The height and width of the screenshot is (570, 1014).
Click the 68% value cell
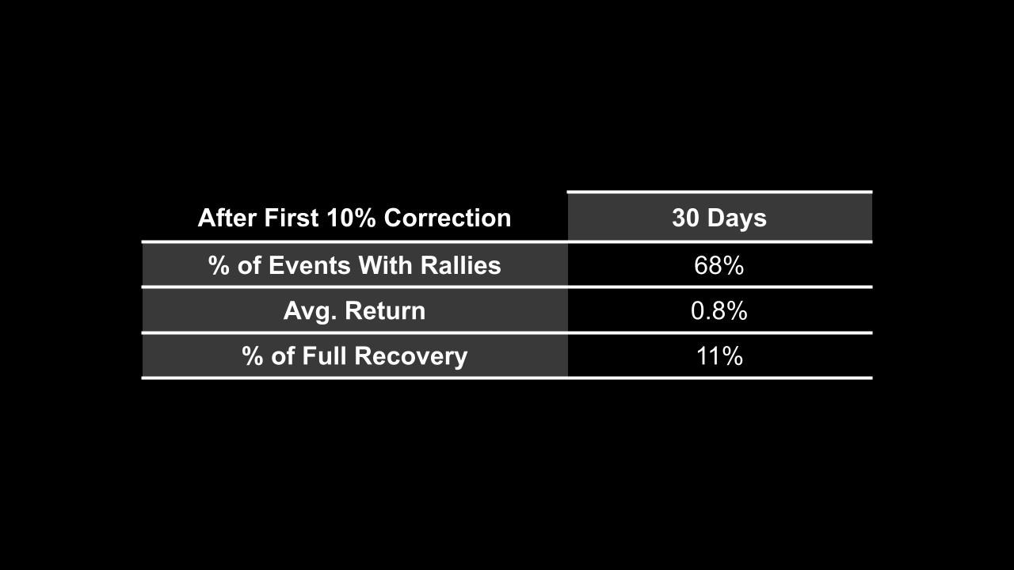[719, 266]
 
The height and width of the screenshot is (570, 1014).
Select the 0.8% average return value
[719, 311]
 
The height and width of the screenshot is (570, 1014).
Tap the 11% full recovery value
[719, 356]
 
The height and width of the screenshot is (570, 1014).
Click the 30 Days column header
[719, 218]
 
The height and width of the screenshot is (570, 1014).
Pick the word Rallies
[460, 266]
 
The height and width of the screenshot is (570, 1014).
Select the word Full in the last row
[326, 356]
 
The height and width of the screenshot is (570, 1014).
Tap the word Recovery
[412, 356]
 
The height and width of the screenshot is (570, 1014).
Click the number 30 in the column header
[685, 218]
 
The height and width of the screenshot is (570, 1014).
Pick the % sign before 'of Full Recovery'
[253, 356]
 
